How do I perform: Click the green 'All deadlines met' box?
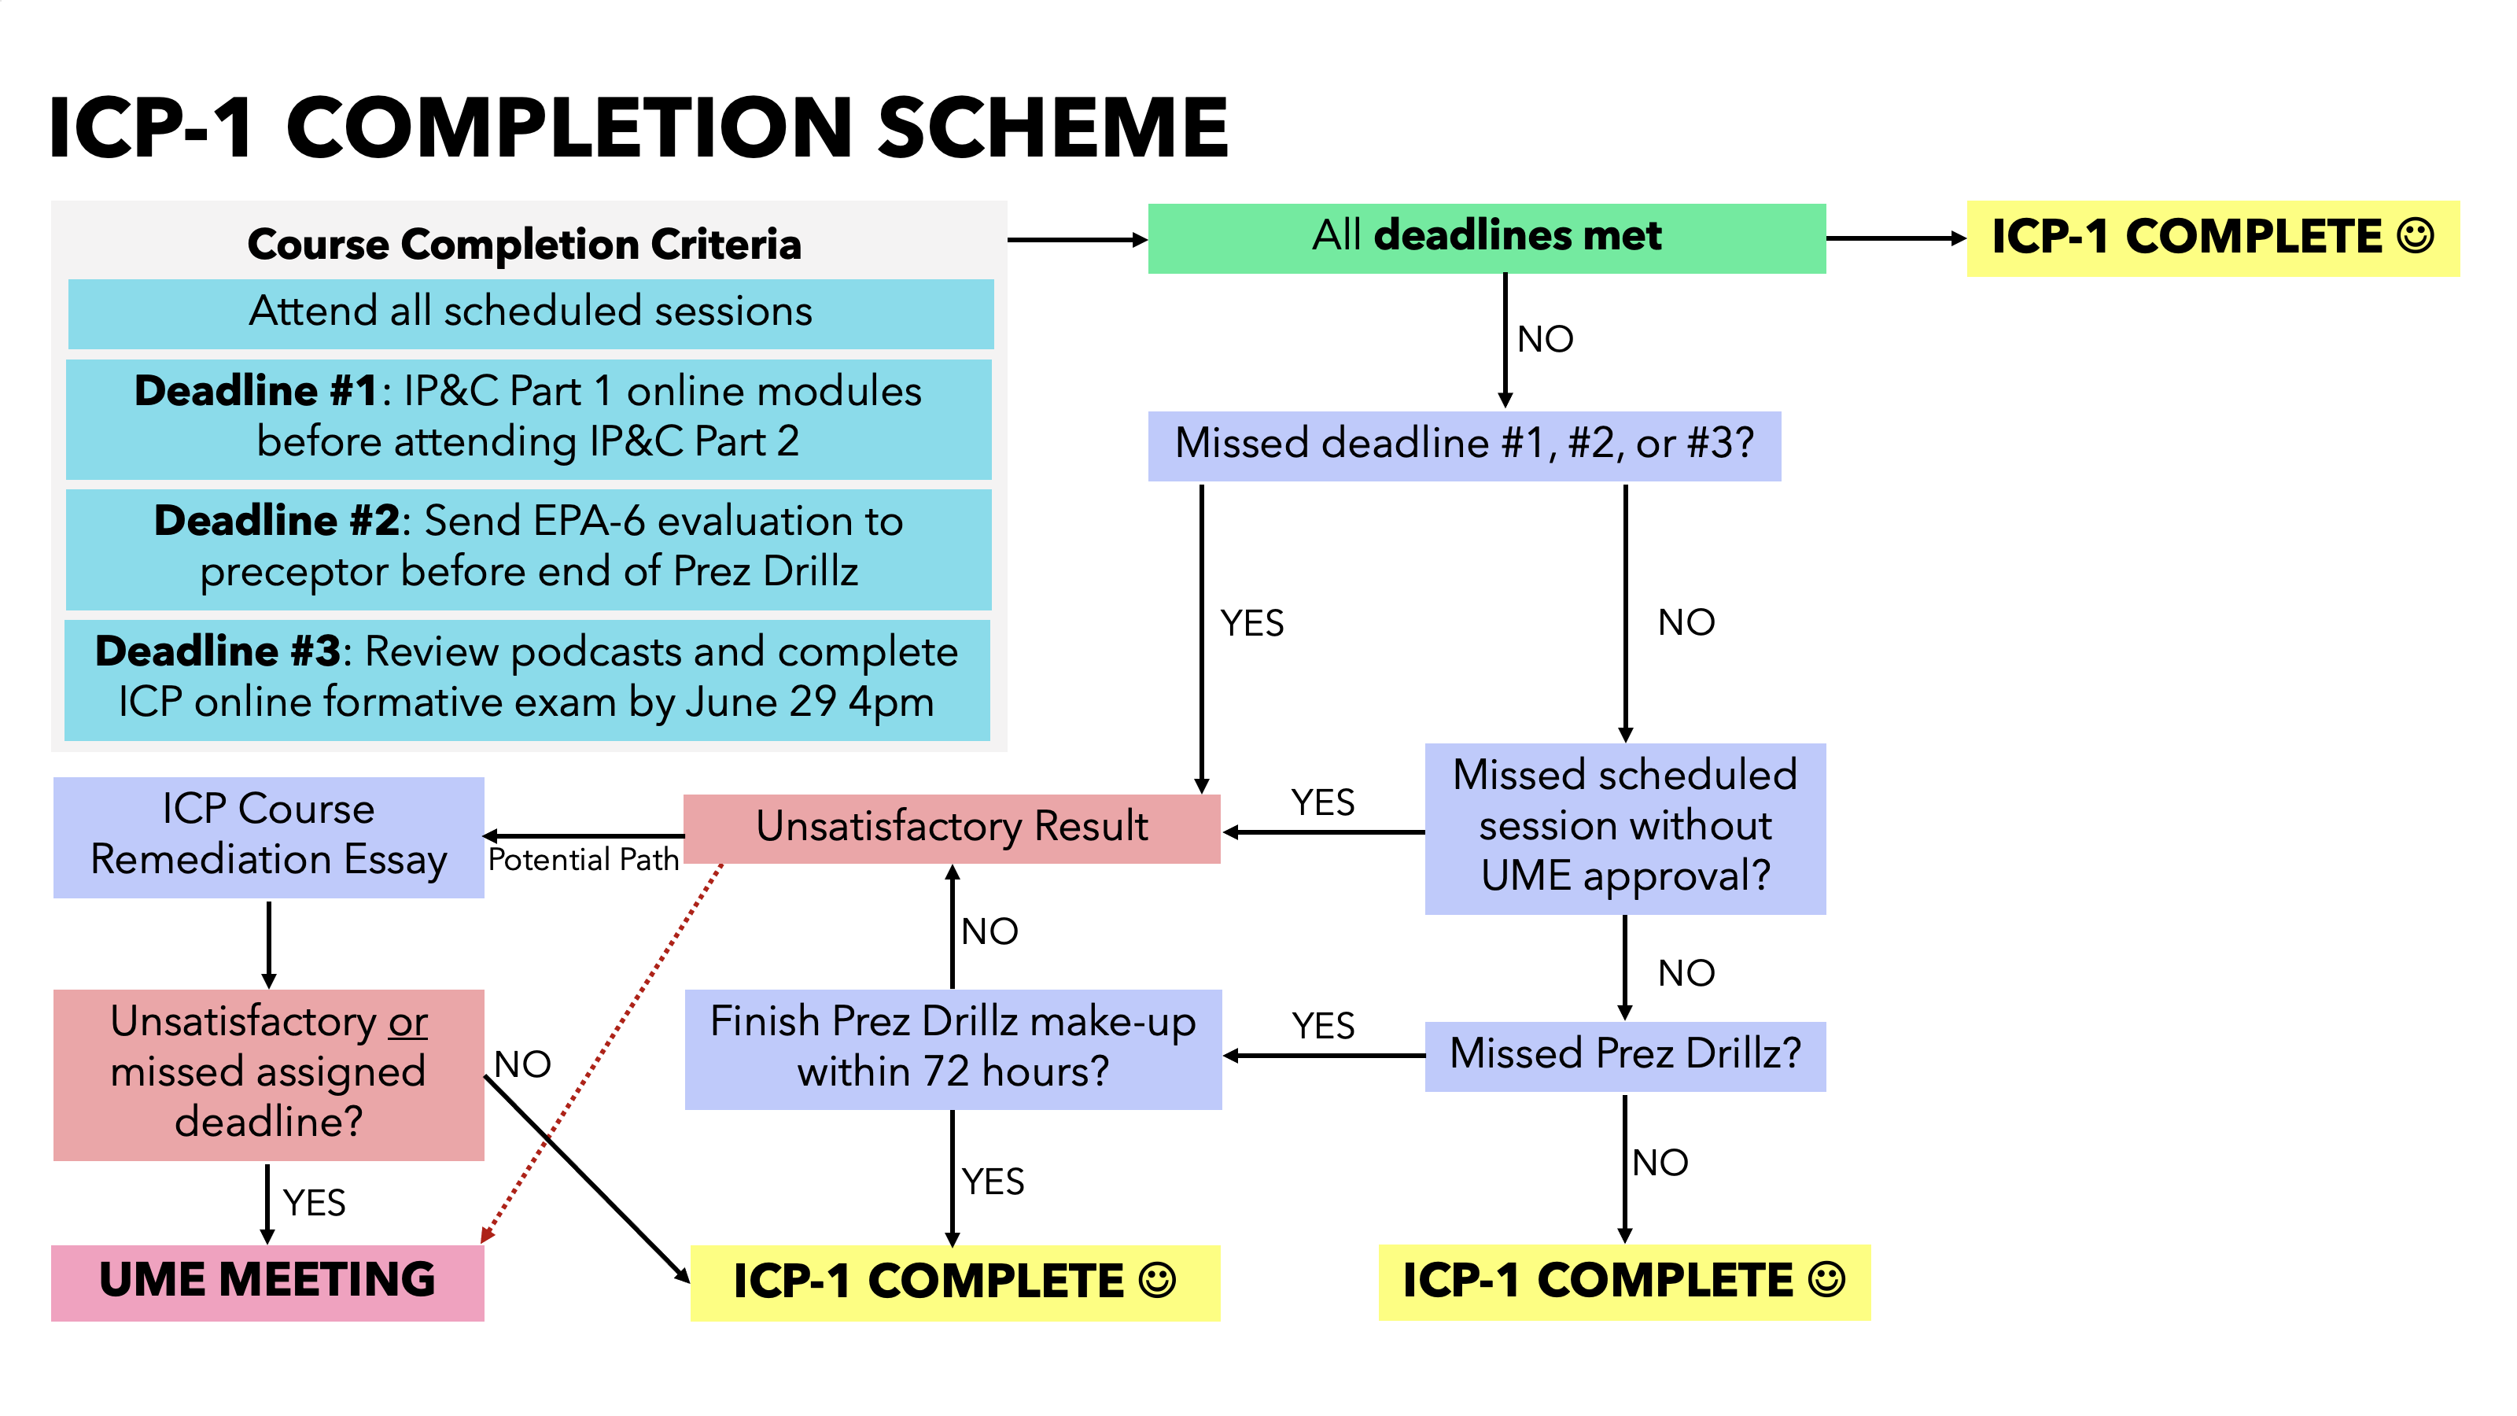click(1486, 238)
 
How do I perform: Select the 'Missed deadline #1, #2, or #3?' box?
click(1464, 444)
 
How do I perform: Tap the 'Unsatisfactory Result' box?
click(952, 828)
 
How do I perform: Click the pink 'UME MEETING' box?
click(267, 1282)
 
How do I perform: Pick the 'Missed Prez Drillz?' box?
click(1625, 1056)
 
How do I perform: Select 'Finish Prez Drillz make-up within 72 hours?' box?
click(953, 1049)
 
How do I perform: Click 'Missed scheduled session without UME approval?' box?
click(1625, 828)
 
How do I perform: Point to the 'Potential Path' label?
click(584, 860)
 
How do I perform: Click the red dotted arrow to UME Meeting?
click(602, 1053)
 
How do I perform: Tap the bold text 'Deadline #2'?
click(277, 521)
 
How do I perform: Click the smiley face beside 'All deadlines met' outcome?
click(2416, 237)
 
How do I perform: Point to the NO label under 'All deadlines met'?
click(1545, 340)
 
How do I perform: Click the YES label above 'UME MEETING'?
click(314, 1203)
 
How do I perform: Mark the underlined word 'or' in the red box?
click(407, 1022)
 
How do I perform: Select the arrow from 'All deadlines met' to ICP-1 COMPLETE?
click(1896, 238)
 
